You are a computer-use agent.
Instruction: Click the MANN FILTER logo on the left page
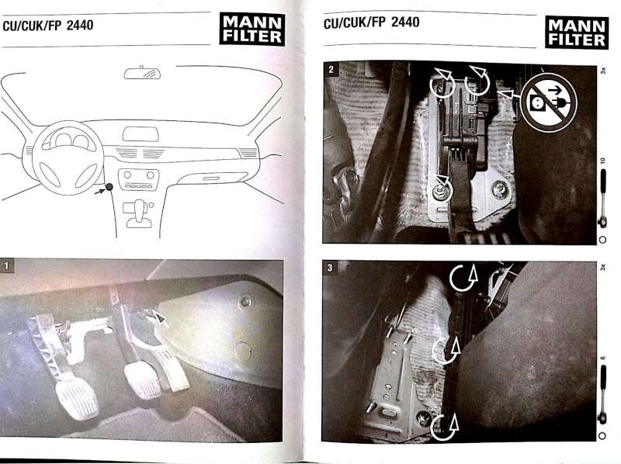[252, 29]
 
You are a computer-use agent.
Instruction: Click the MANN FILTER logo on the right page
[577, 33]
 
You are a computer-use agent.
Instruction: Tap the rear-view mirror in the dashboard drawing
[143, 73]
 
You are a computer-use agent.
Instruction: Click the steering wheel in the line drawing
[68, 158]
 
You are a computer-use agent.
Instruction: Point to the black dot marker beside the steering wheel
[109, 187]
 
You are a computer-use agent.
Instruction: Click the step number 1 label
[7, 265]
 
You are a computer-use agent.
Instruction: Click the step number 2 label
[331, 70]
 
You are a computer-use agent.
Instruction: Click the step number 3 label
[330, 268]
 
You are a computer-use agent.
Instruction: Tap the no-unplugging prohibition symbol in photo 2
[549, 102]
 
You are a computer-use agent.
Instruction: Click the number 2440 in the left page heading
[80, 26]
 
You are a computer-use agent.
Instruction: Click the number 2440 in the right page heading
[405, 22]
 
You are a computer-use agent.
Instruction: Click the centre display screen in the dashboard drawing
[141, 134]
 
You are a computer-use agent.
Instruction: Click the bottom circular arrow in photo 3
[444, 427]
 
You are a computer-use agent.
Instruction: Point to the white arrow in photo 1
[157, 317]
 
